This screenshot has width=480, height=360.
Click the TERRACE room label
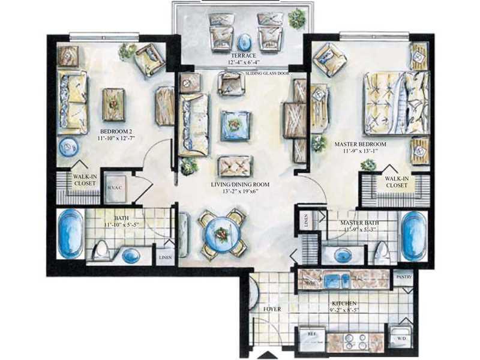(x=242, y=55)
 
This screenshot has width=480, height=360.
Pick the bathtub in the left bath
(x=70, y=233)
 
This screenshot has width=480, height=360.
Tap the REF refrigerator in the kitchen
(x=311, y=339)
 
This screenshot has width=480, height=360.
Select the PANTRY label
(x=403, y=278)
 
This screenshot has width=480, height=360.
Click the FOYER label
(x=272, y=309)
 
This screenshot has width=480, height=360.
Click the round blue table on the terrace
(x=244, y=43)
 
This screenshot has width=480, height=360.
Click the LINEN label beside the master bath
(x=306, y=221)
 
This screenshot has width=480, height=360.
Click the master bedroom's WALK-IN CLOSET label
(x=396, y=181)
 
